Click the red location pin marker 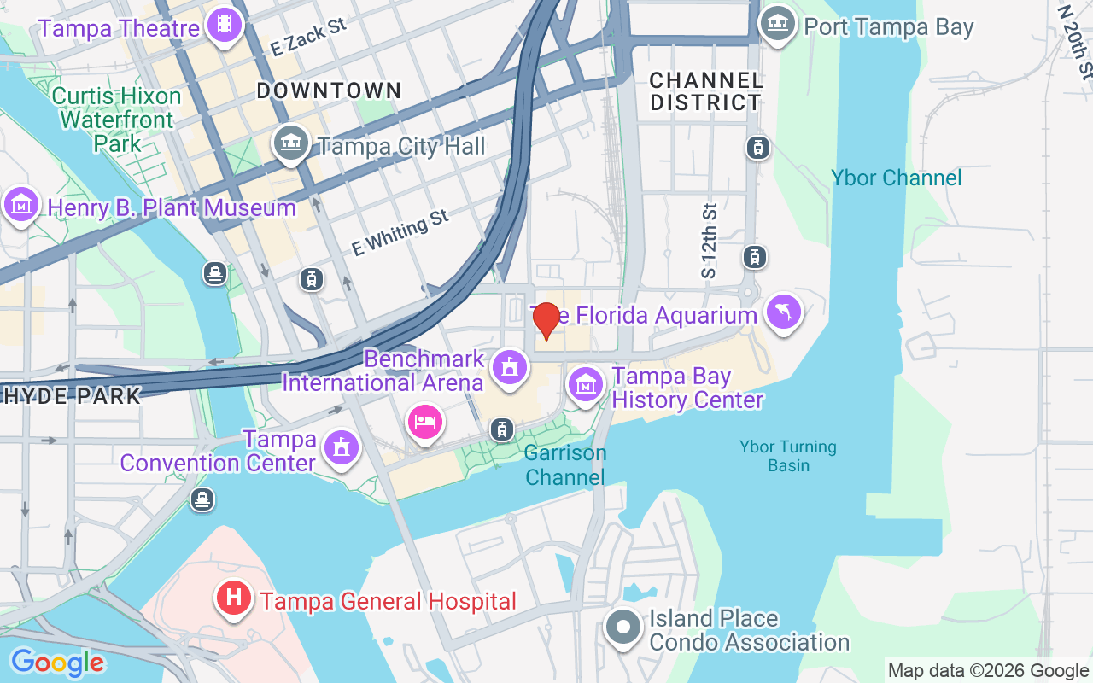pyautogui.click(x=546, y=320)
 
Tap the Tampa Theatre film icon pyautogui.click(x=224, y=25)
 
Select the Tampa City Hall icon pyautogui.click(x=291, y=143)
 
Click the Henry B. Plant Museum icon pyautogui.click(x=21, y=205)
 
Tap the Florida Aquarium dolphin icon pyautogui.click(x=784, y=312)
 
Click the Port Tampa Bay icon pyautogui.click(x=777, y=25)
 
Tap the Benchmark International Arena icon pyautogui.click(x=510, y=368)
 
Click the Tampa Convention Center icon pyautogui.click(x=341, y=447)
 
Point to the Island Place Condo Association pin pyautogui.click(x=623, y=628)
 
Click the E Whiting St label pyautogui.click(x=400, y=232)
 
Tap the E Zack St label pyautogui.click(x=309, y=38)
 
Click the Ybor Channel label pyautogui.click(x=897, y=178)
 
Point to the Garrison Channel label pyautogui.click(x=565, y=464)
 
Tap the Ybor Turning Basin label pyautogui.click(x=788, y=456)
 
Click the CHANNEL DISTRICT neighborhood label pyautogui.click(x=705, y=91)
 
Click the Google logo pyautogui.click(x=56, y=663)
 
